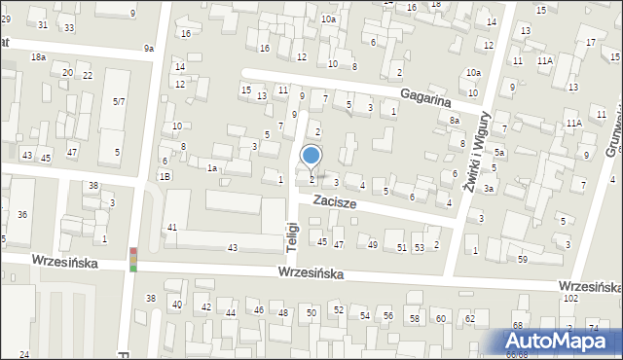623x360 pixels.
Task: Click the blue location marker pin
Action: [x=311, y=157]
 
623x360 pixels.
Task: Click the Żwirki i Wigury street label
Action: [x=474, y=152]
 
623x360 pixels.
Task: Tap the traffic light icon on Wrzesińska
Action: [x=133, y=259]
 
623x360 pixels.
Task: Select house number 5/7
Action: [x=118, y=101]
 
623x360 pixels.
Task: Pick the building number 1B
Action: [x=165, y=176]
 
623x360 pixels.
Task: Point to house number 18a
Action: [x=38, y=58]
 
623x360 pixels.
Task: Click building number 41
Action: [x=171, y=227]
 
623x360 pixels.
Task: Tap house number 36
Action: [x=22, y=214]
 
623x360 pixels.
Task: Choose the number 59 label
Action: [x=522, y=259]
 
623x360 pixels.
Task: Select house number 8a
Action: [x=455, y=120]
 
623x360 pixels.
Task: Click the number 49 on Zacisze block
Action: [x=373, y=244]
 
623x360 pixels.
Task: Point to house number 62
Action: [x=469, y=318]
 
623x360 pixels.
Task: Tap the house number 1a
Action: [x=211, y=168]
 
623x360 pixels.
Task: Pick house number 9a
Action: [x=149, y=48]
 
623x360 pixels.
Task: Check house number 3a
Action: [x=489, y=188]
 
